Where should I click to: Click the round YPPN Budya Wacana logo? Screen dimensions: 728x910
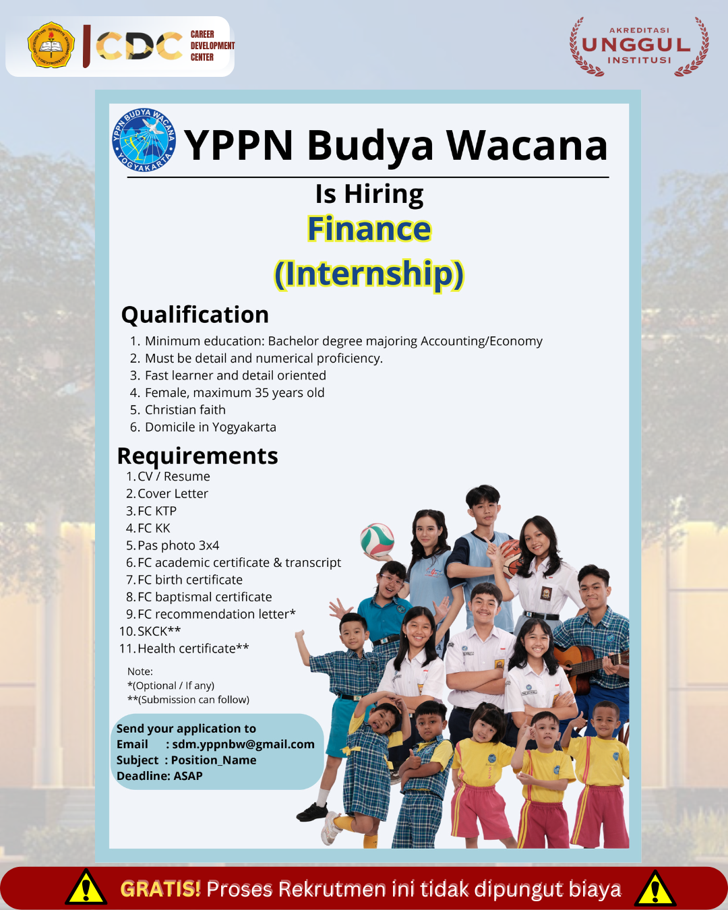tap(144, 140)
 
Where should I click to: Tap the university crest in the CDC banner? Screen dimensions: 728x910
tap(51, 44)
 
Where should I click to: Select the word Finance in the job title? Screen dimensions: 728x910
tap(369, 229)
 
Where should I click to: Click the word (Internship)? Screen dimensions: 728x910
tap(369, 274)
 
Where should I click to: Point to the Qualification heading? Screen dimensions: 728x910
tap(195, 315)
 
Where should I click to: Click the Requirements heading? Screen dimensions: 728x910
tap(198, 456)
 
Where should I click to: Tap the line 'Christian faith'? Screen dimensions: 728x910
tap(185, 410)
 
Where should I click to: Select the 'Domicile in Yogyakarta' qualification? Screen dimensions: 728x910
tap(210, 427)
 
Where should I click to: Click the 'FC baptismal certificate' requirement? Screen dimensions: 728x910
tap(205, 597)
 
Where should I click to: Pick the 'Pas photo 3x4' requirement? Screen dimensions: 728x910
tap(179, 545)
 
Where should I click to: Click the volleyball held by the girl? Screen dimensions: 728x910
tap(377, 540)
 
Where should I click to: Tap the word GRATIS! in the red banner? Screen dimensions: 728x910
tap(160, 889)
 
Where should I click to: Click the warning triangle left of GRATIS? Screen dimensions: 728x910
tap(86, 887)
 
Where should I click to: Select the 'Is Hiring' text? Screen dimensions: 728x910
tap(369, 194)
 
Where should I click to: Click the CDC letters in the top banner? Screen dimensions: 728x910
tap(139, 46)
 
